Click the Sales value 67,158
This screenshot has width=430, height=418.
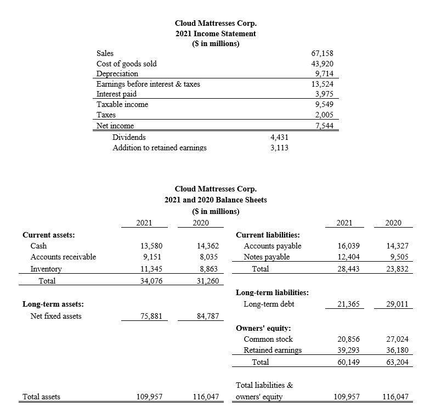click(x=322, y=53)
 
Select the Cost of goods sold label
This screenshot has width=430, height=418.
click(x=126, y=64)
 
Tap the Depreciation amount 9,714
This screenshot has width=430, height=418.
click(x=324, y=74)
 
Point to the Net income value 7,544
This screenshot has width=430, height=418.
click(x=324, y=126)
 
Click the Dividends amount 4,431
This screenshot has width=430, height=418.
click(x=279, y=137)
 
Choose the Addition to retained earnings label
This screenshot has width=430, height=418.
click(x=159, y=148)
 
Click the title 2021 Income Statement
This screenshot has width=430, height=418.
click(x=216, y=33)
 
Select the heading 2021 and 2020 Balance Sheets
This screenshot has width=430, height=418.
click(x=216, y=200)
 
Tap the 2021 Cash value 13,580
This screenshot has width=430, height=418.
click(x=151, y=246)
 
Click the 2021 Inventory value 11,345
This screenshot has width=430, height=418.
click(x=151, y=269)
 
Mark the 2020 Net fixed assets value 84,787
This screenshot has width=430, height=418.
click(x=207, y=316)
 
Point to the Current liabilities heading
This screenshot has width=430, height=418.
click(x=268, y=235)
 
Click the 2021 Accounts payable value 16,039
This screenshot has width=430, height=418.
click(x=348, y=246)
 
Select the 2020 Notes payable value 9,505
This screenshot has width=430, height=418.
click(x=399, y=257)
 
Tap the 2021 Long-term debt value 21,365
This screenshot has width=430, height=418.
click(x=348, y=304)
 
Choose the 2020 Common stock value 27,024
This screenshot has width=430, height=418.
click(x=398, y=339)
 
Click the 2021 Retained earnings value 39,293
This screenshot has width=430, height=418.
click(x=348, y=350)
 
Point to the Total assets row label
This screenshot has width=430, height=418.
click(x=42, y=397)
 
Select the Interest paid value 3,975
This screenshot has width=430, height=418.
click(x=324, y=94)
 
